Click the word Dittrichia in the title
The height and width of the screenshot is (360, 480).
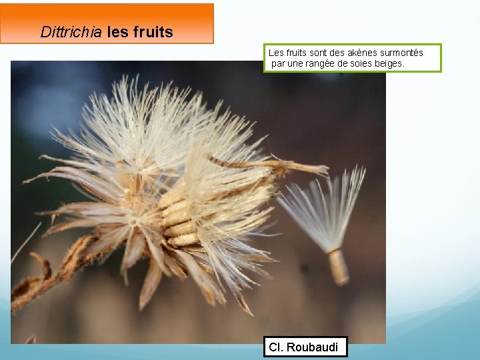pyautogui.click(x=71, y=32)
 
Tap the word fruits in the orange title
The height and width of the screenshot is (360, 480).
pyautogui.click(x=153, y=32)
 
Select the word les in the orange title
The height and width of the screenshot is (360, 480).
pyautogui.click(x=117, y=32)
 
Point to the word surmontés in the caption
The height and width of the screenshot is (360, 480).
pyautogui.click(x=401, y=53)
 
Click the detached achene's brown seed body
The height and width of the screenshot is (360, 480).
pyautogui.click(x=338, y=266)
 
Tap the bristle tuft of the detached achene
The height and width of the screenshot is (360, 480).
pyautogui.click(x=327, y=207)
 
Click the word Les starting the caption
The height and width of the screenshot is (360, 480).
pyautogui.click(x=275, y=53)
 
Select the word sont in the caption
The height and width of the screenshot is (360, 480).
pyautogui.click(x=319, y=53)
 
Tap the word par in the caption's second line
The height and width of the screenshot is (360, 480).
pyautogui.click(x=277, y=63)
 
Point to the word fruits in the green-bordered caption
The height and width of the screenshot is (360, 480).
pyautogui.click(x=297, y=53)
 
